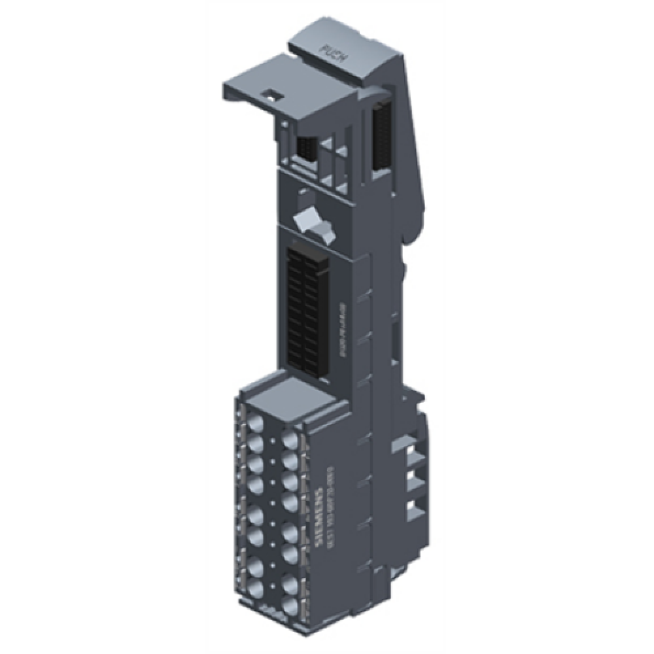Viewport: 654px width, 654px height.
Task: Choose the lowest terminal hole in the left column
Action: click(x=255, y=585)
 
